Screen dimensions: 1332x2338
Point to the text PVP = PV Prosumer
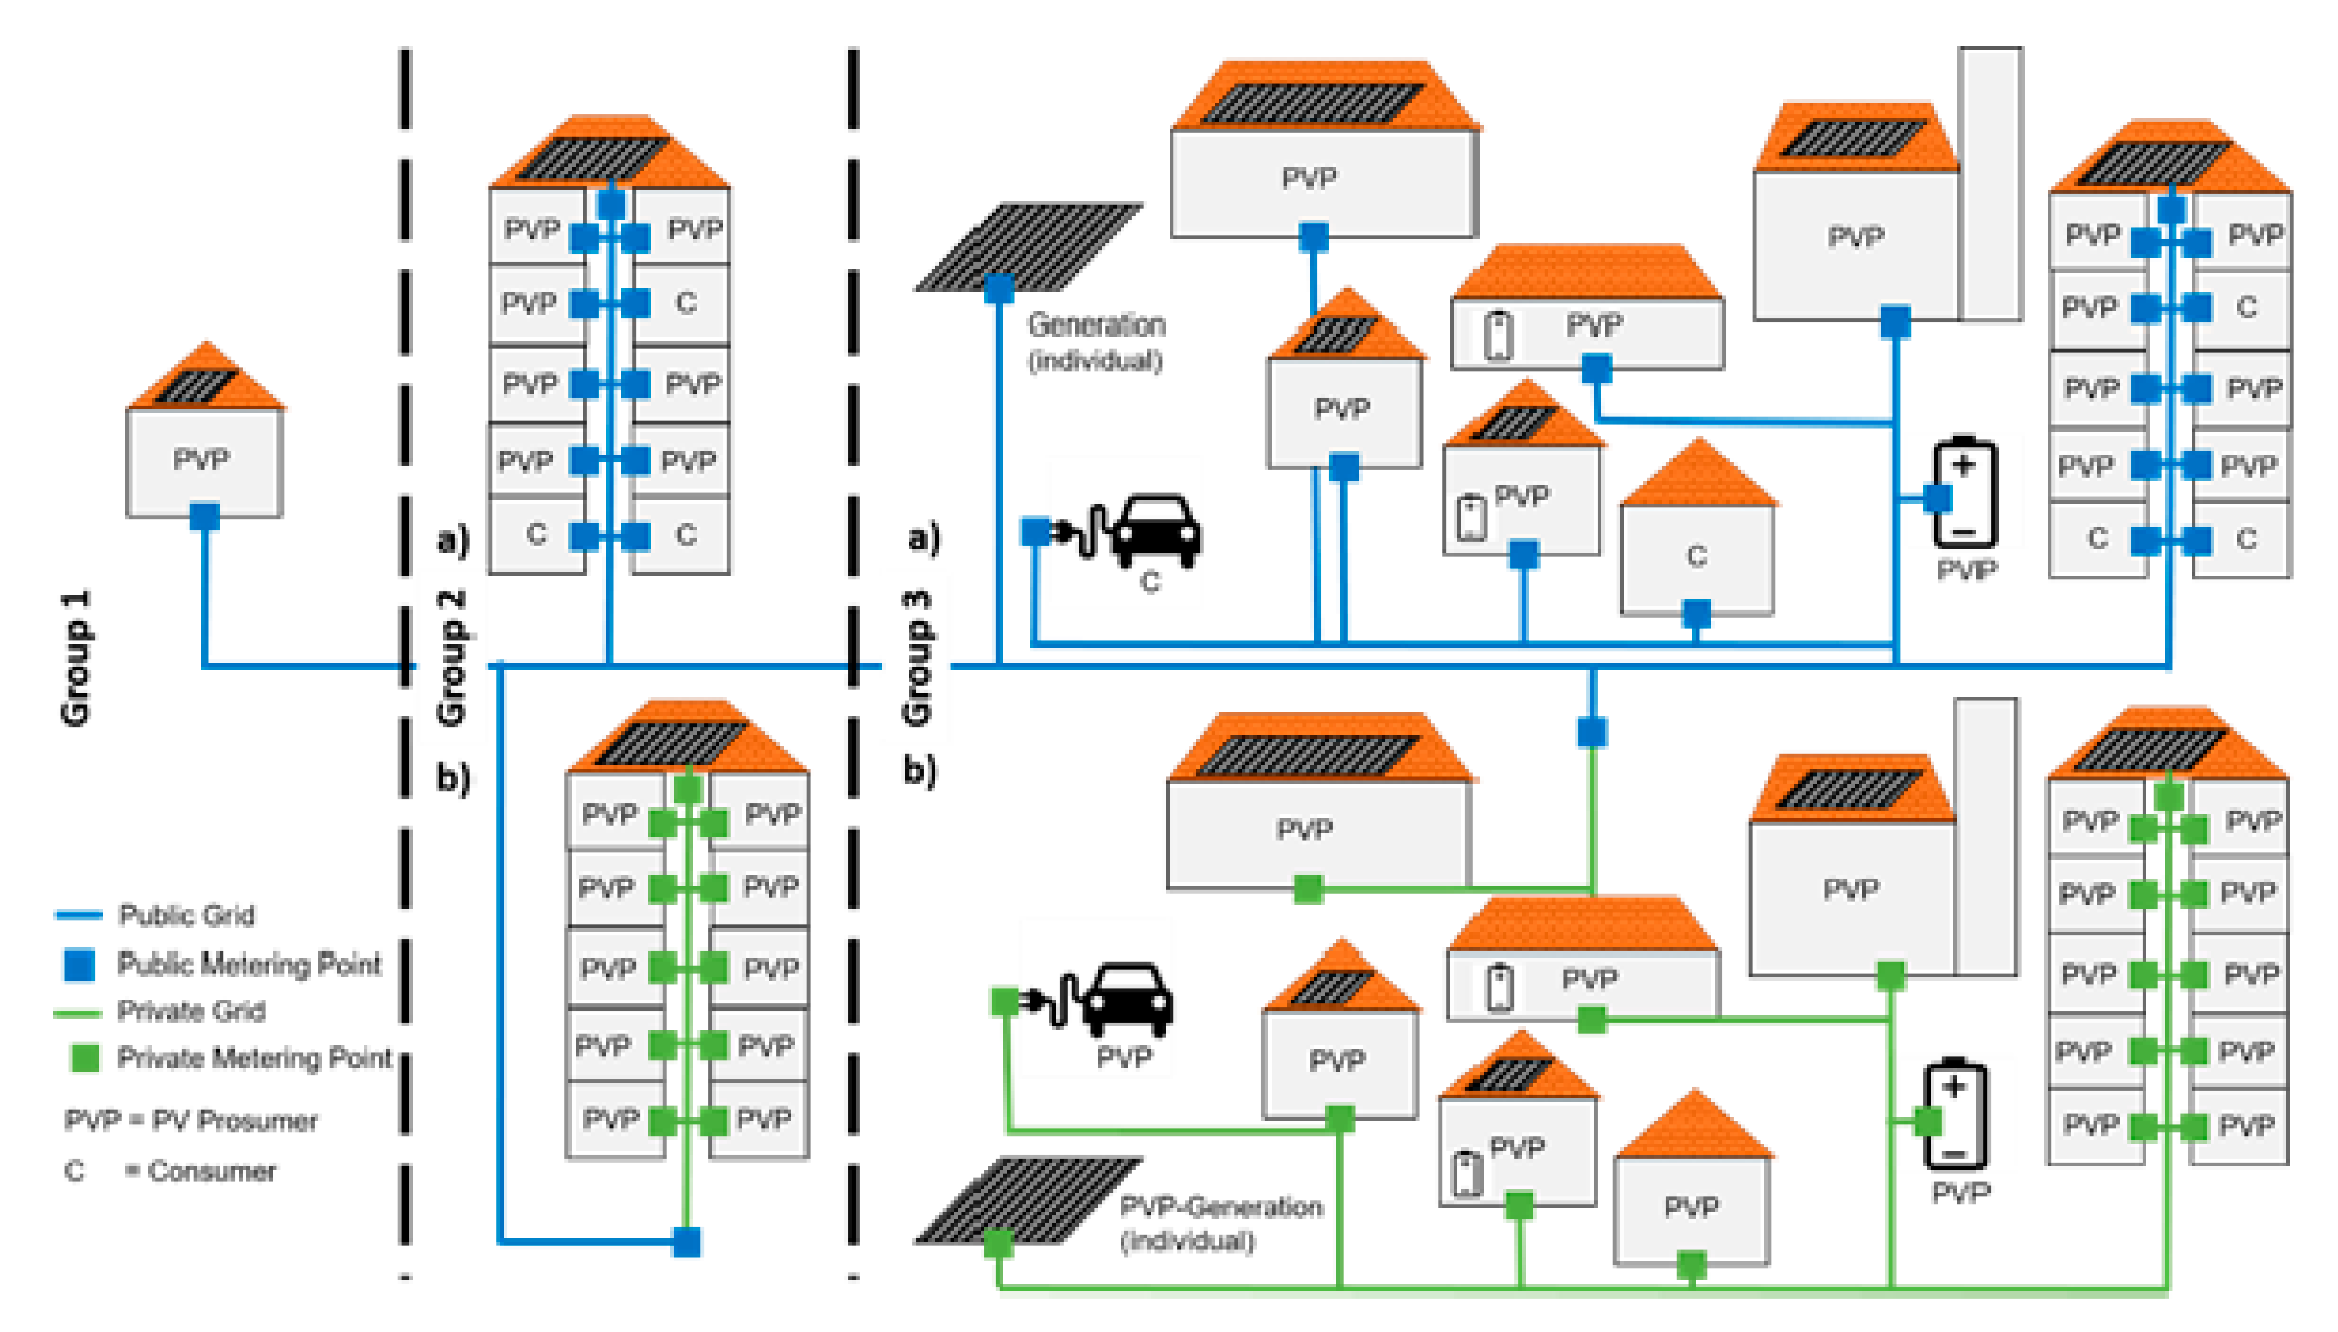click(x=190, y=1120)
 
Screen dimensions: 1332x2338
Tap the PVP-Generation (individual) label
click(x=1219, y=1223)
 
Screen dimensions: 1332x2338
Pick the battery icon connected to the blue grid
click(x=1965, y=494)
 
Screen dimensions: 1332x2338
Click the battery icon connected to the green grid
click(x=1955, y=1116)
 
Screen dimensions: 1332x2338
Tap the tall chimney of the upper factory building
click(x=1990, y=183)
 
